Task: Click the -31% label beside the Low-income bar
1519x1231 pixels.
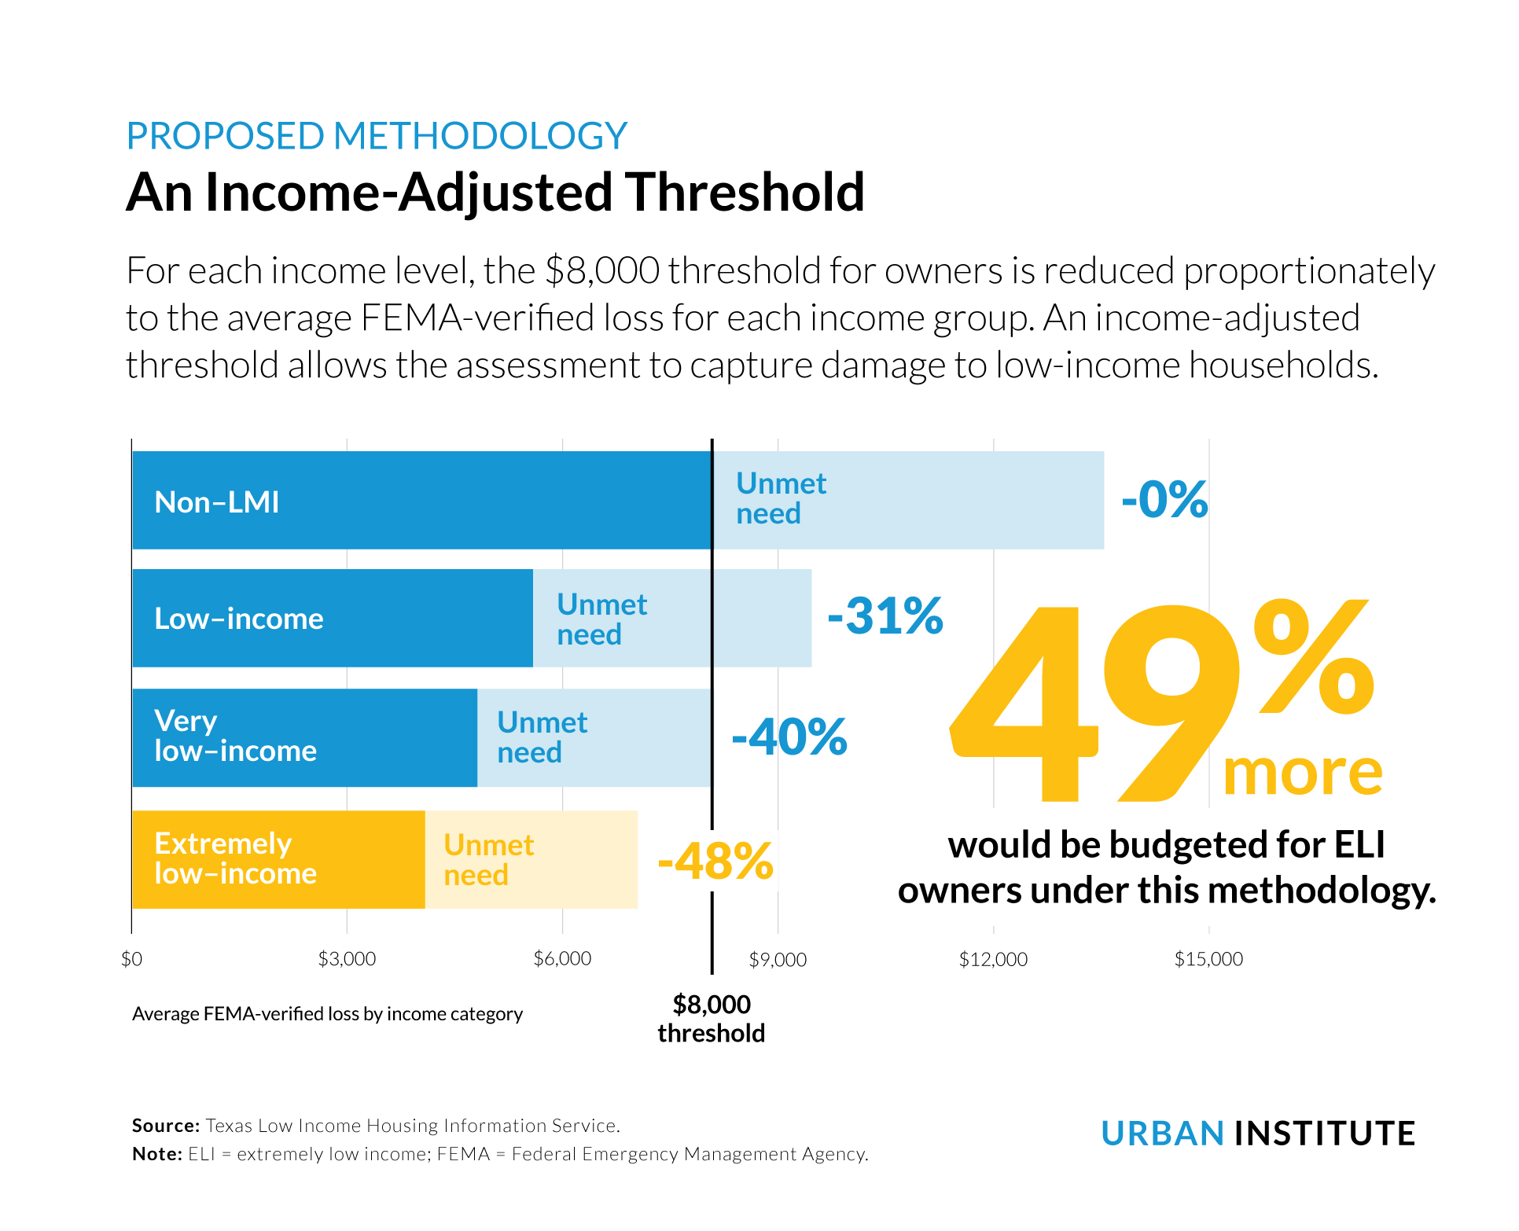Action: coord(885,615)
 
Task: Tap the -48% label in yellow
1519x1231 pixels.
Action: coord(715,862)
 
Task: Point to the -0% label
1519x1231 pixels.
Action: coord(1164,499)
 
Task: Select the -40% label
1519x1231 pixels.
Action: coord(789,737)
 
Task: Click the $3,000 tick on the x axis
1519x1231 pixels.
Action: coord(347,959)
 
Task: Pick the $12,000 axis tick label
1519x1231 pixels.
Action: coord(993,959)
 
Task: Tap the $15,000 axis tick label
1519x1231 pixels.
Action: coord(1208,959)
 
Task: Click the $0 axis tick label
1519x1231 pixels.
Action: coord(132,959)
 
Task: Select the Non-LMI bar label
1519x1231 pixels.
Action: coord(217,502)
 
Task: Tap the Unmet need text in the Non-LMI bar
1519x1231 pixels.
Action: coord(780,498)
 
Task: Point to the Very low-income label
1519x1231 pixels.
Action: coord(234,737)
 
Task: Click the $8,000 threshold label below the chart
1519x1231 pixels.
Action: coord(712,1019)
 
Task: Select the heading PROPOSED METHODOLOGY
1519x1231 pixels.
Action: coord(377,136)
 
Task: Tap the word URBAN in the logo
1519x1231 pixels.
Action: coord(1162,1134)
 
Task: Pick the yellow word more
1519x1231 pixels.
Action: coord(1302,774)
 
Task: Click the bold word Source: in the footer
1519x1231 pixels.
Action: coord(166,1126)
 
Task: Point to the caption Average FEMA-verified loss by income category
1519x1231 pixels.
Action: coord(327,1014)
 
